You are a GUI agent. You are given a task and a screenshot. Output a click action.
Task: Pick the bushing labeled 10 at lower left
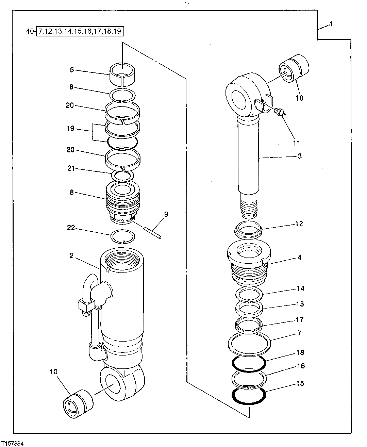(x=78, y=403)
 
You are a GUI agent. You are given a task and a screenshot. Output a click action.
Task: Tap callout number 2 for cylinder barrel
(x=71, y=256)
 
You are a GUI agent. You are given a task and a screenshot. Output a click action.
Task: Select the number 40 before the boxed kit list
(x=30, y=32)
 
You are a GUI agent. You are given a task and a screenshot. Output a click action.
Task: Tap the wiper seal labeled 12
(x=248, y=229)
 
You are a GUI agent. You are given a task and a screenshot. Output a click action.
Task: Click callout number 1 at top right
(x=332, y=24)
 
